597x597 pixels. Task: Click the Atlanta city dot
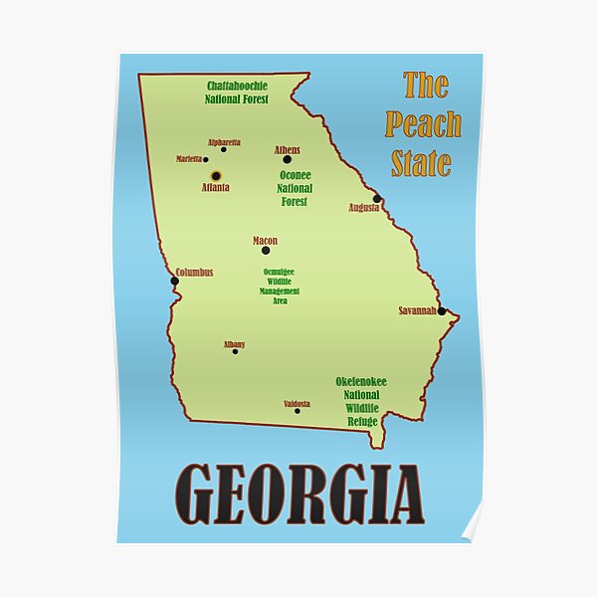[x=216, y=176]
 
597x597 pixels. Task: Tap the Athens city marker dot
[x=287, y=159]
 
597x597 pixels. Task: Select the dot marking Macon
[x=266, y=251]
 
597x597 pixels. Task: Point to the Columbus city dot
[x=174, y=281]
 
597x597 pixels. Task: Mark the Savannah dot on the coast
[x=441, y=311]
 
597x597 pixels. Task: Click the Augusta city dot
[x=377, y=198]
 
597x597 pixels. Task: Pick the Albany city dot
[x=235, y=351]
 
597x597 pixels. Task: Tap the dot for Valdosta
[x=297, y=411]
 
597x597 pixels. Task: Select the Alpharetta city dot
[x=223, y=150]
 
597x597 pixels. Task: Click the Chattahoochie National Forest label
[x=237, y=93]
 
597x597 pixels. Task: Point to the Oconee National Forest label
[x=295, y=188]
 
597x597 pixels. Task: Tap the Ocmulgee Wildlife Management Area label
[x=280, y=286]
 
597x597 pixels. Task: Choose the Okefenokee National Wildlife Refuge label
[x=361, y=402]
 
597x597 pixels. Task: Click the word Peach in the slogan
[x=423, y=124]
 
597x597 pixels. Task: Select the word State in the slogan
[x=421, y=163]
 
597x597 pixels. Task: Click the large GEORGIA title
[x=299, y=495]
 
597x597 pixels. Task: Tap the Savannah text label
[x=417, y=310]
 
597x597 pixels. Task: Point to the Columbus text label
[x=194, y=273]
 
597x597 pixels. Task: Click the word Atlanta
[x=216, y=187]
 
